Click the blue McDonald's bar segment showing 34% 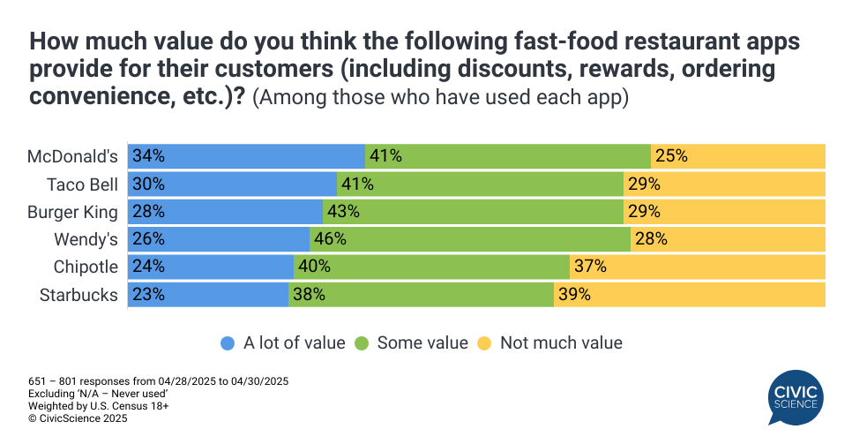[x=246, y=156]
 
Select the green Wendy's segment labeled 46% [x=470, y=239]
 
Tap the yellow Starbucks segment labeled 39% [x=690, y=295]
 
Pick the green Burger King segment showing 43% [x=473, y=212]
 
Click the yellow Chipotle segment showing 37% [x=698, y=267]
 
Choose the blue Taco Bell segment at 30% [x=232, y=184]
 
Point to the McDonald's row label [x=72, y=156]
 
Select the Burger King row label [x=72, y=212]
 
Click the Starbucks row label [x=78, y=295]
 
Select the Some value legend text [x=422, y=343]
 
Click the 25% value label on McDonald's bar [x=671, y=156]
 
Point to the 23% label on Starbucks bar [x=149, y=295]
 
